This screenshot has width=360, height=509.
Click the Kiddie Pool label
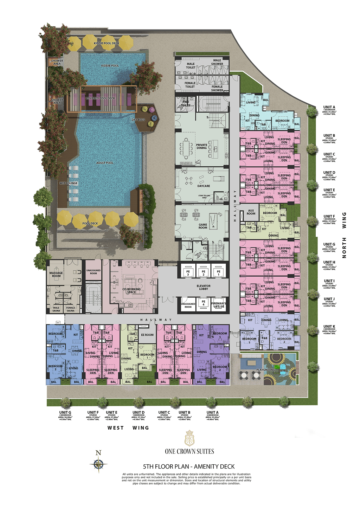(110, 66)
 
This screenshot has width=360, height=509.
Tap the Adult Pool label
(105, 163)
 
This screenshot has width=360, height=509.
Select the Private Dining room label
(202, 146)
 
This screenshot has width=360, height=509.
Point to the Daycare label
(204, 186)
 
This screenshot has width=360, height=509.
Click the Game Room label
(203, 226)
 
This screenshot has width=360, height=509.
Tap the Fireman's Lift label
(219, 305)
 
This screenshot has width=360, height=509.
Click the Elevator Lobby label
(204, 288)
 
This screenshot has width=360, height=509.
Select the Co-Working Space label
(131, 291)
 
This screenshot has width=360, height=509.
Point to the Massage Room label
(56, 274)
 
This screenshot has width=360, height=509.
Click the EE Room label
(147, 335)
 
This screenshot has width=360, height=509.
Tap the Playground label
(266, 370)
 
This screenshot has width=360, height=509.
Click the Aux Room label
(251, 212)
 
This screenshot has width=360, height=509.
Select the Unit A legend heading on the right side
(329, 107)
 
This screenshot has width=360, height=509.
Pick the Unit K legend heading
(329, 327)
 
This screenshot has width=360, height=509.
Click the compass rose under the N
(98, 465)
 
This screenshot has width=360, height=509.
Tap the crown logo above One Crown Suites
(189, 438)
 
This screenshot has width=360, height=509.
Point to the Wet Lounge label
(69, 183)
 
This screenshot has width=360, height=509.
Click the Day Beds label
(138, 120)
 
